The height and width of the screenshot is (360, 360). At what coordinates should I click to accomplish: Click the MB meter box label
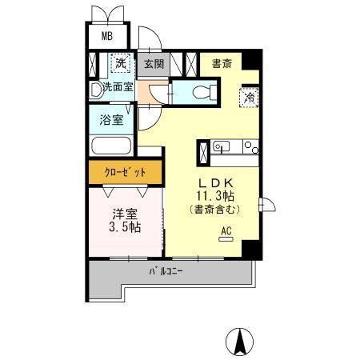coord(106,37)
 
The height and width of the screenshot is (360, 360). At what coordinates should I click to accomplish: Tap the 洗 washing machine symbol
coord(119,62)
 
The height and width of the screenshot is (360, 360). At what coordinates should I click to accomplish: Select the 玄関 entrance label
coord(154,63)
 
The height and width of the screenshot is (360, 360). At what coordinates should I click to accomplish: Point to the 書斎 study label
coord(222,63)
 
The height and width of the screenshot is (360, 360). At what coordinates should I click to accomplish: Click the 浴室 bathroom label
coord(111,121)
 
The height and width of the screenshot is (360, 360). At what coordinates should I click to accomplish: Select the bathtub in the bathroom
coord(111,147)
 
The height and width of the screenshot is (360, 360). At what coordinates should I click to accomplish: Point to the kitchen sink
coord(222,147)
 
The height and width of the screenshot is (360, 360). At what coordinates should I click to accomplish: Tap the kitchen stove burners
coord(250,148)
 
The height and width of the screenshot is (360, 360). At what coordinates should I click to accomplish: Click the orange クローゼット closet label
coord(126,172)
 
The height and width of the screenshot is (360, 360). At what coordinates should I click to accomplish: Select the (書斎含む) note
coord(213,210)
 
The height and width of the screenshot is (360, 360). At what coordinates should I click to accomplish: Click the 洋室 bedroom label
coord(123,213)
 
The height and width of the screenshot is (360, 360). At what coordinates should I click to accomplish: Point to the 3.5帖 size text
coord(123,227)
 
